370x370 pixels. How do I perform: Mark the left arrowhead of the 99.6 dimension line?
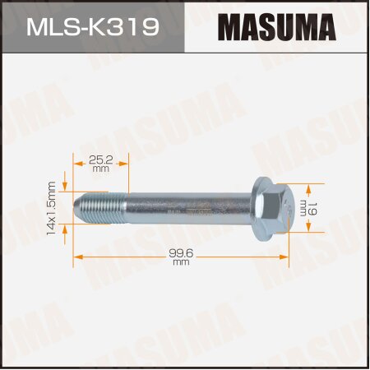pyautogui.click(x=77, y=257)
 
